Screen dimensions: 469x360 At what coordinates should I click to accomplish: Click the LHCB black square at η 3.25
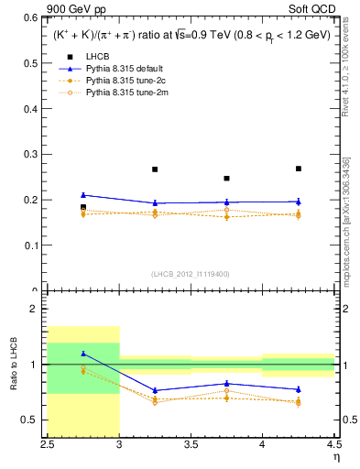click(155, 169)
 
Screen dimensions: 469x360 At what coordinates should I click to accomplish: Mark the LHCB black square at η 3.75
click(226, 179)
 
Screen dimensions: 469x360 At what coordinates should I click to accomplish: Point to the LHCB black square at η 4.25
click(299, 169)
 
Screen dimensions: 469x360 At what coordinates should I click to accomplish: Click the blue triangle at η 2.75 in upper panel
click(83, 195)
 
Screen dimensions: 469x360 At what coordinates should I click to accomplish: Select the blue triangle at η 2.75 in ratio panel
click(83, 354)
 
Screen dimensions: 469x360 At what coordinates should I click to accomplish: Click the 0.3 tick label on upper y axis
click(31, 154)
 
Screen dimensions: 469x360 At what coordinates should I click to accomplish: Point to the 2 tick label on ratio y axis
click(37, 310)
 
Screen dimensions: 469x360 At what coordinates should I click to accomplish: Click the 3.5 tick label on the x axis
click(191, 444)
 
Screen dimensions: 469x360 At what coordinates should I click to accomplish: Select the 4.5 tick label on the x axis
click(333, 444)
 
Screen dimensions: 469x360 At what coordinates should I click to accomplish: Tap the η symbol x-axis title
click(336, 456)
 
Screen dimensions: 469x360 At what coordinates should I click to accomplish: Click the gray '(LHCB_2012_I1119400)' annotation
click(191, 273)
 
